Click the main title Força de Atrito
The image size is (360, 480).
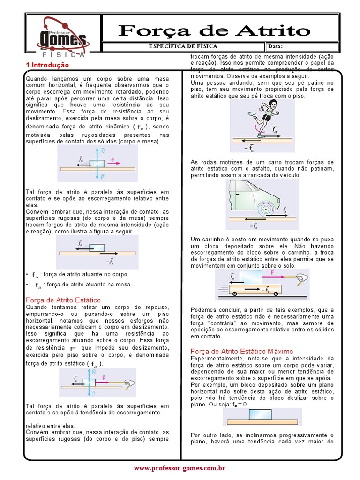[215, 31]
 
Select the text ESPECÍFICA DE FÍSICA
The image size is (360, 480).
[183, 46]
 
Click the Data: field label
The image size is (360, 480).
[276, 46]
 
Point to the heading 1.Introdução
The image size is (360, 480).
[47, 65]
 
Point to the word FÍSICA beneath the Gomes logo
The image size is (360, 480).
[62, 54]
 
